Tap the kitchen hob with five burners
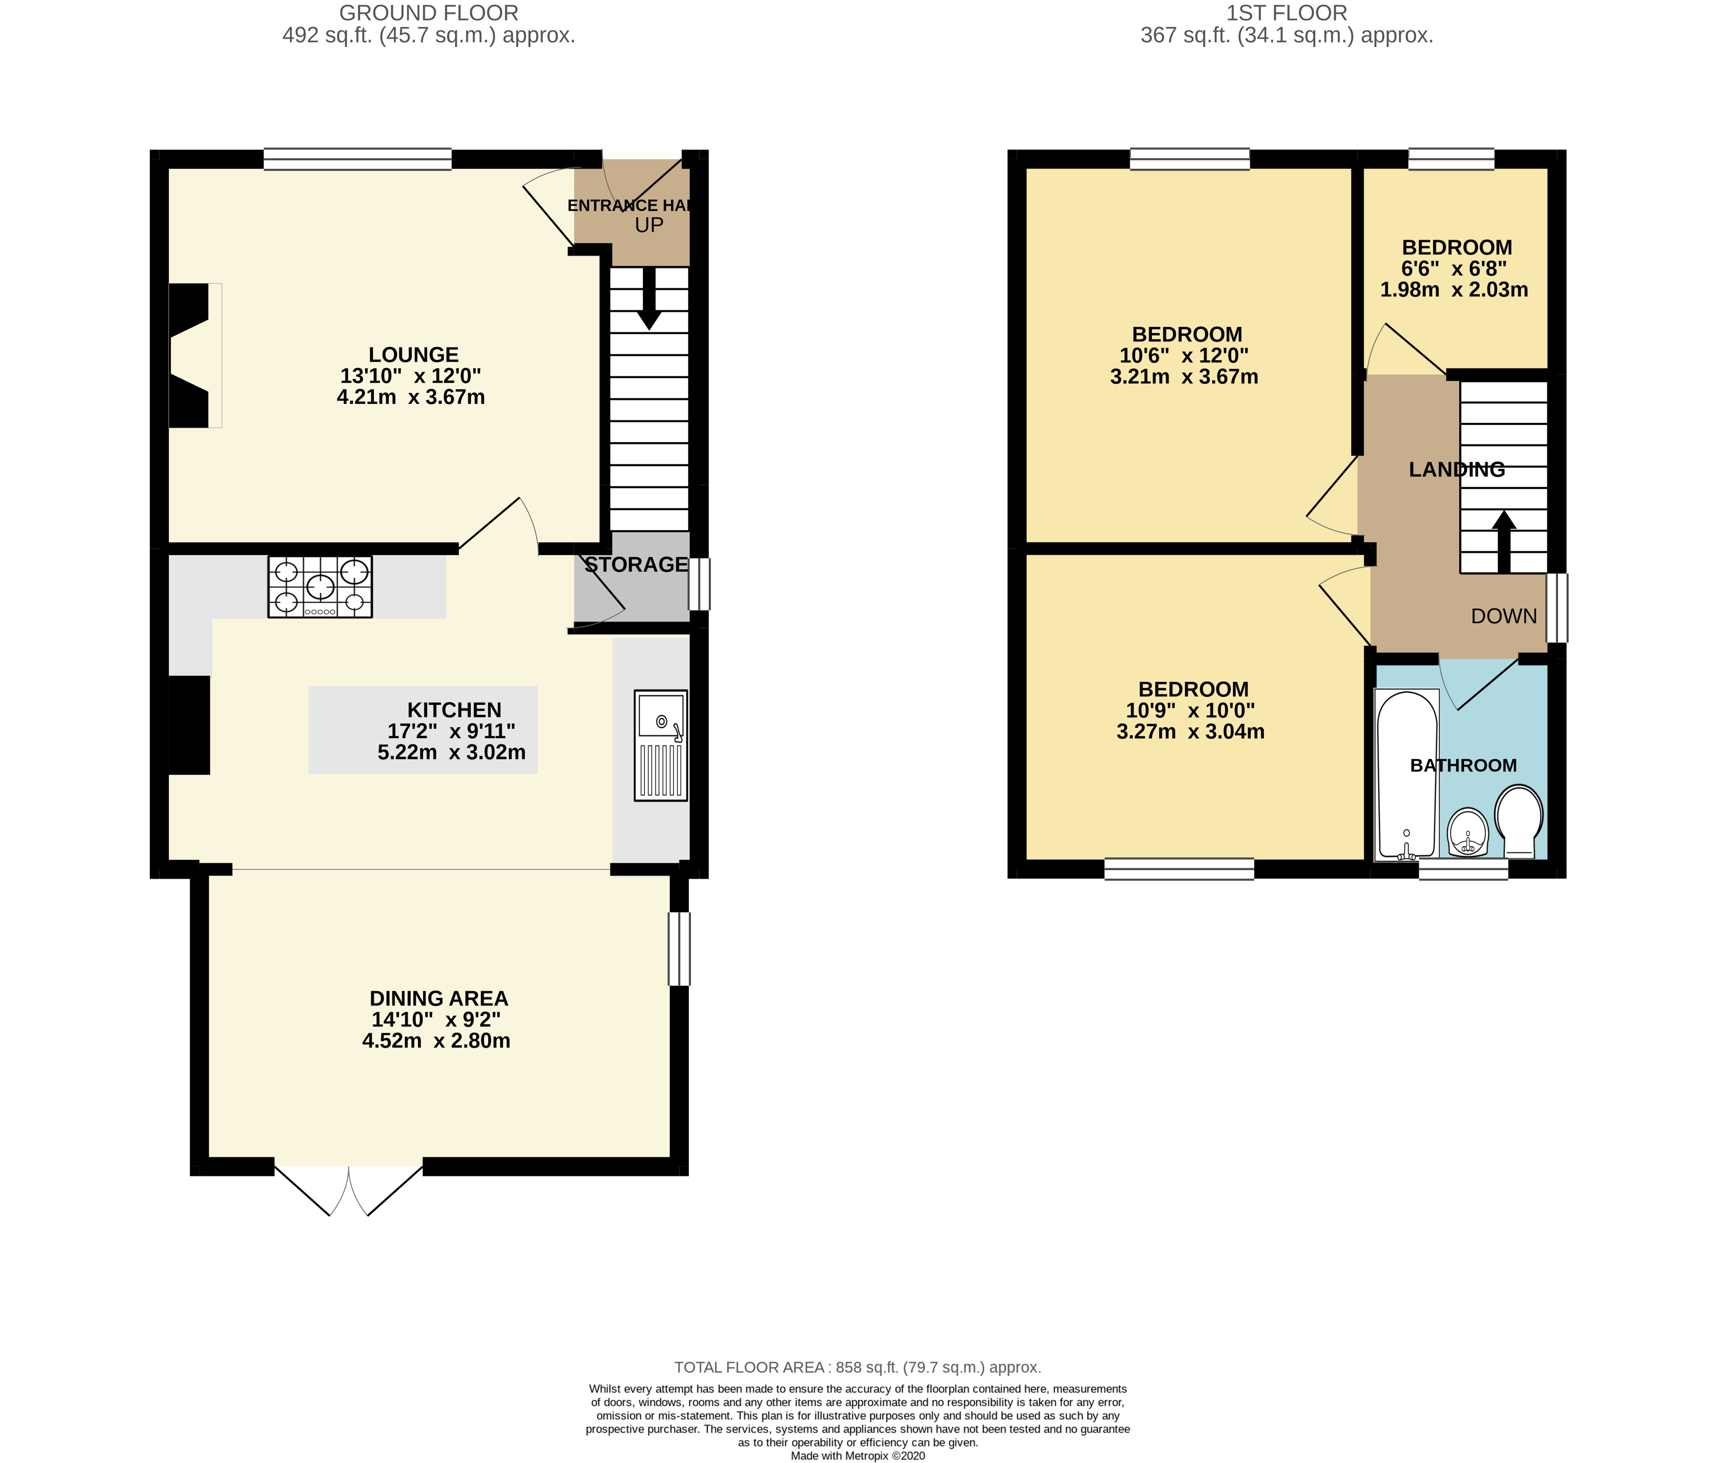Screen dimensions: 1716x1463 pos(320,586)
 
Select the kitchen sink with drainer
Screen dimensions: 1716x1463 pos(661,745)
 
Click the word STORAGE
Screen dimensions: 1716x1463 pos(636,565)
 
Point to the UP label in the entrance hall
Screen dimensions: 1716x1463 pos(649,225)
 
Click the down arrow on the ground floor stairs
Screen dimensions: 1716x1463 pos(649,298)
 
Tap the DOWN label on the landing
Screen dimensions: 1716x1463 pos(1504,616)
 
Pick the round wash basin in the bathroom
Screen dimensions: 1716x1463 pos(1468,831)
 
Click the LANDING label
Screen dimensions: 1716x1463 pos(1457,470)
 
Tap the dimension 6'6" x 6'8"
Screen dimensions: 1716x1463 pos(1453,268)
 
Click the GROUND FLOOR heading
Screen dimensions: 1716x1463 pos(429,13)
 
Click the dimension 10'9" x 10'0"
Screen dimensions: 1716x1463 pos(1190,711)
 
